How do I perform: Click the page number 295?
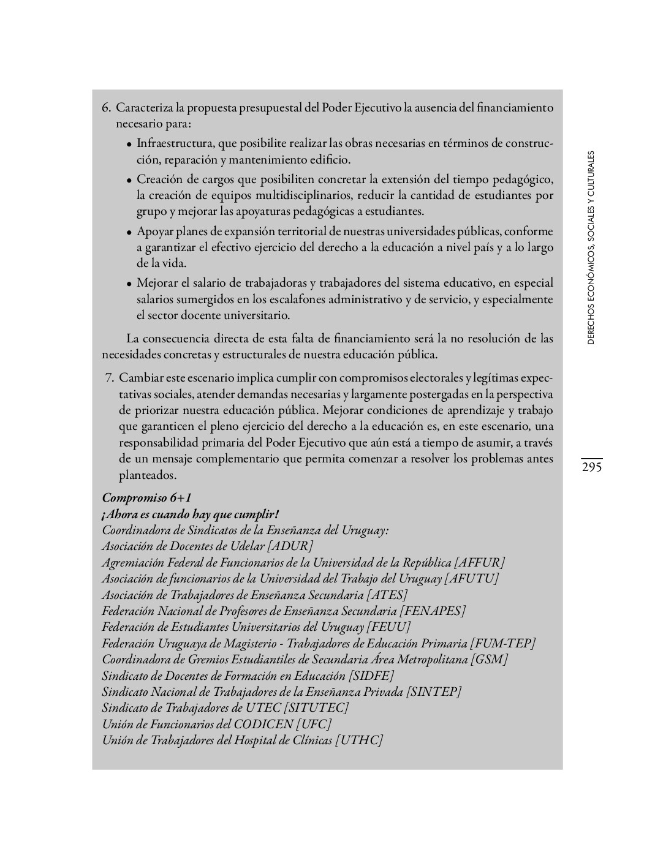[591, 467]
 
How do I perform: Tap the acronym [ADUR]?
[290, 546]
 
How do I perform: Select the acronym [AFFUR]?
[480, 562]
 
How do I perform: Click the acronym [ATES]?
[387, 595]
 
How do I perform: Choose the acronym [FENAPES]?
[433, 611]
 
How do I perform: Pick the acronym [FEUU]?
[388, 627]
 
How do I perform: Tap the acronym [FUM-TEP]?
[503, 643]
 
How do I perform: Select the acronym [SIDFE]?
[371, 676]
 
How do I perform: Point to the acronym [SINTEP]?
[434, 692]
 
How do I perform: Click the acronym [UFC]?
[313, 724]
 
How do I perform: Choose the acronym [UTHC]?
[359, 740]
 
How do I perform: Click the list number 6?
[106, 108]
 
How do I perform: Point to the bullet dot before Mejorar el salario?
[129, 284]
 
